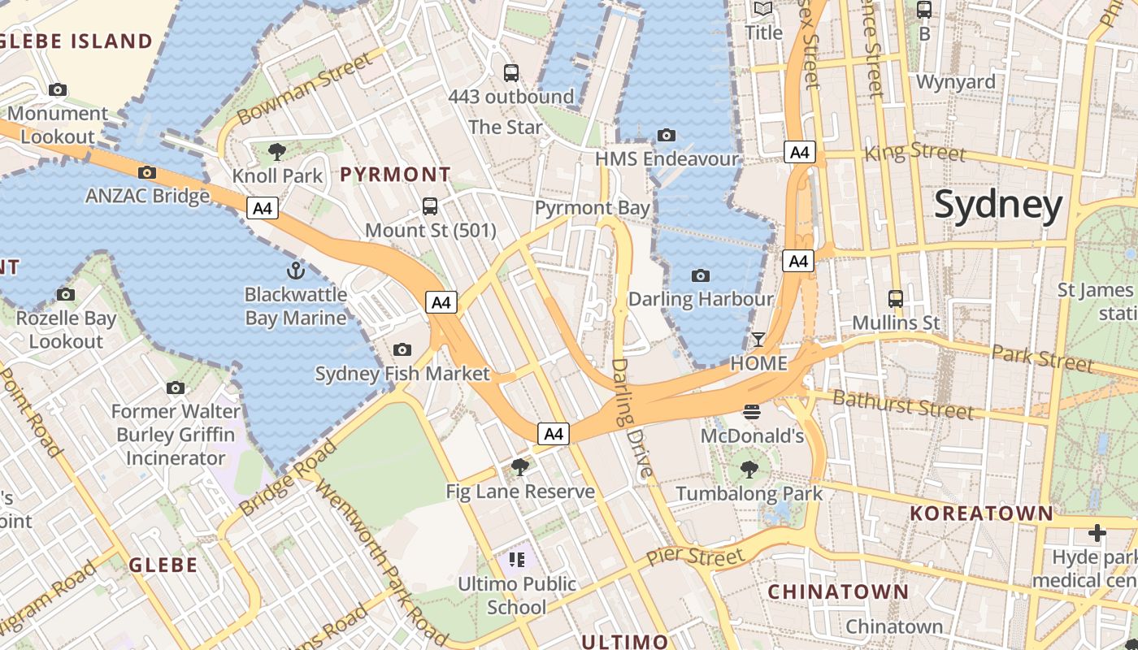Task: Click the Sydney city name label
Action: click(998, 205)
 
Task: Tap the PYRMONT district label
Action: click(395, 174)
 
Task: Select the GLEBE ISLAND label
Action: click(76, 41)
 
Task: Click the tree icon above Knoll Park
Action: click(277, 151)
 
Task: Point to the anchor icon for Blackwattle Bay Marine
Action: click(296, 270)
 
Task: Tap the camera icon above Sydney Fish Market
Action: click(402, 349)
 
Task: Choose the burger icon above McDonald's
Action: click(752, 412)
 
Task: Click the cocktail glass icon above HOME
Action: click(758, 339)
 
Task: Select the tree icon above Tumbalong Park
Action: click(749, 469)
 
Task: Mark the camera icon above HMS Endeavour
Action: click(667, 135)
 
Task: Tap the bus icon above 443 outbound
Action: click(511, 73)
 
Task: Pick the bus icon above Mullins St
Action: click(896, 298)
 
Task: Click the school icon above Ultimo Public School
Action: click(517, 559)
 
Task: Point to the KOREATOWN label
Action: click(981, 513)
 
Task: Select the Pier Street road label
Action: click(695, 557)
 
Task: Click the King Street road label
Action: click(915, 152)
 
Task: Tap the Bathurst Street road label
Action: click(902, 404)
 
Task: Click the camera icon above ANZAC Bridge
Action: click(147, 172)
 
